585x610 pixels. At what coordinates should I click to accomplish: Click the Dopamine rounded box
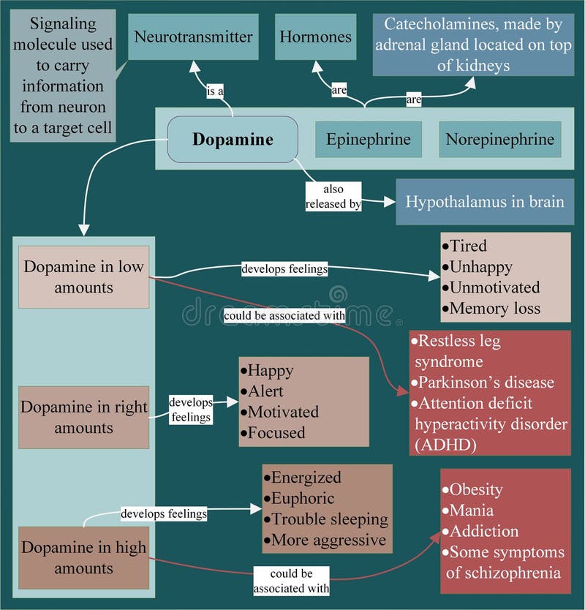[233, 139]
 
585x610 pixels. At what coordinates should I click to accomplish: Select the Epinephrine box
[369, 139]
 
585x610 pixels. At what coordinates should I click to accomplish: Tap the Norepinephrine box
[500, 139]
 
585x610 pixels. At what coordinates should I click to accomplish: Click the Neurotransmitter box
[193, 37]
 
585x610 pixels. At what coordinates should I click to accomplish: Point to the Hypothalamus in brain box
[484, 201]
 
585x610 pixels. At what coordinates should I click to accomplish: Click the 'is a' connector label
[215, 91]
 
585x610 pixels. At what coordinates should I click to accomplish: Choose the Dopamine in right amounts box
[83, 417]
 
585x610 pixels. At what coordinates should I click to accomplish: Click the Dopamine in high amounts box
[83, 557]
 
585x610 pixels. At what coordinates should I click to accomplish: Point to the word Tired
[468, 246]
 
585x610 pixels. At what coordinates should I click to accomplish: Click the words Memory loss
[495, 308]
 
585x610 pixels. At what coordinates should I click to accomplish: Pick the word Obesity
[476, 489]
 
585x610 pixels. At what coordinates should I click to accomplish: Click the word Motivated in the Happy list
[283, 412]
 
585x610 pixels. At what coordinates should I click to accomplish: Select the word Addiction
[484, 531]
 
